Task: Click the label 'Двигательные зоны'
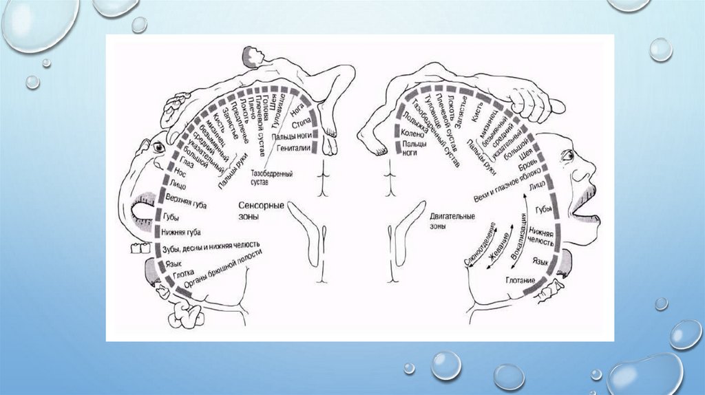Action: [x=448, y=220]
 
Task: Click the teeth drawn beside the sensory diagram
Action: [x=140, y=246]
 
